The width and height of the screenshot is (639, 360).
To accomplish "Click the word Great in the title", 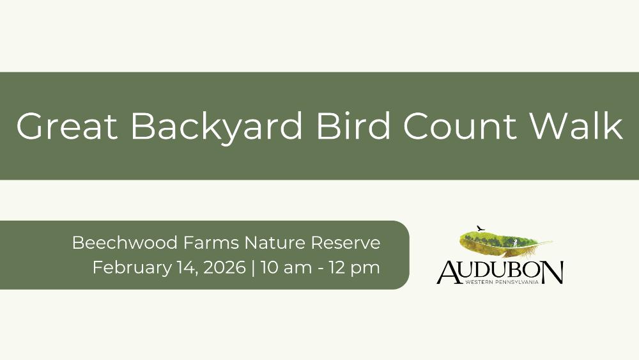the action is coord(67,126).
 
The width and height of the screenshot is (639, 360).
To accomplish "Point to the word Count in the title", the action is coord(459,126).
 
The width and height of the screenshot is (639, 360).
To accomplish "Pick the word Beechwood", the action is coord(125,242).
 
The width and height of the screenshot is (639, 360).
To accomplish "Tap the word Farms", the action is coord(211,242).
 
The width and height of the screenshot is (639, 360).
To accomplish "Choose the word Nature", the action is coord(274,243).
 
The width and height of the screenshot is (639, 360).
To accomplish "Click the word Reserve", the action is coord(346,243).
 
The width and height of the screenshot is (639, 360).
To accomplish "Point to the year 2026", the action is coord(224,268).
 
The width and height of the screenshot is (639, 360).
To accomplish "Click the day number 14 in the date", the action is coord(187,269).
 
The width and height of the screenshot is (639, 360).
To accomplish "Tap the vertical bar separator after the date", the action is coord(254,268).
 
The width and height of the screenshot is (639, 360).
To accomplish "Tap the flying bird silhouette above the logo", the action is coord(481,228).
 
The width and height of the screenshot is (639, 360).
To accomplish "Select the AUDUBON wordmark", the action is coord(500,272).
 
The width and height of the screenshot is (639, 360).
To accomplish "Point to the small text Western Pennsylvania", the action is coord(502,282).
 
